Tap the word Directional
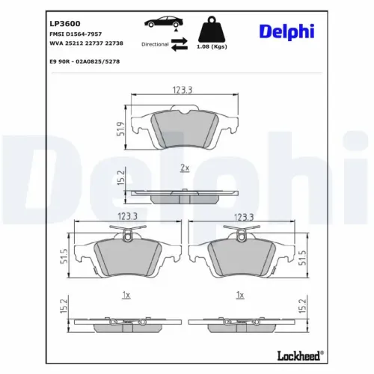point(154,45)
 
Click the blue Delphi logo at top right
point(288,31)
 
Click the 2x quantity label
point(184,168)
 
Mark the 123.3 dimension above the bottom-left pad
point(127,217)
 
